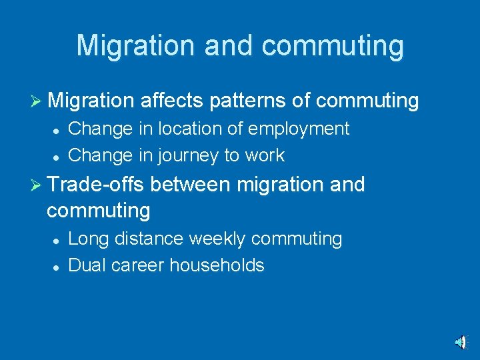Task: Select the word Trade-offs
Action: (x=95, y=184)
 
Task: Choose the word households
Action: (x=217, y=265)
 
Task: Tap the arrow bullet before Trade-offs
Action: (x=37, y=185)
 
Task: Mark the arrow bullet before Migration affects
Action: (x=37, y=101)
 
